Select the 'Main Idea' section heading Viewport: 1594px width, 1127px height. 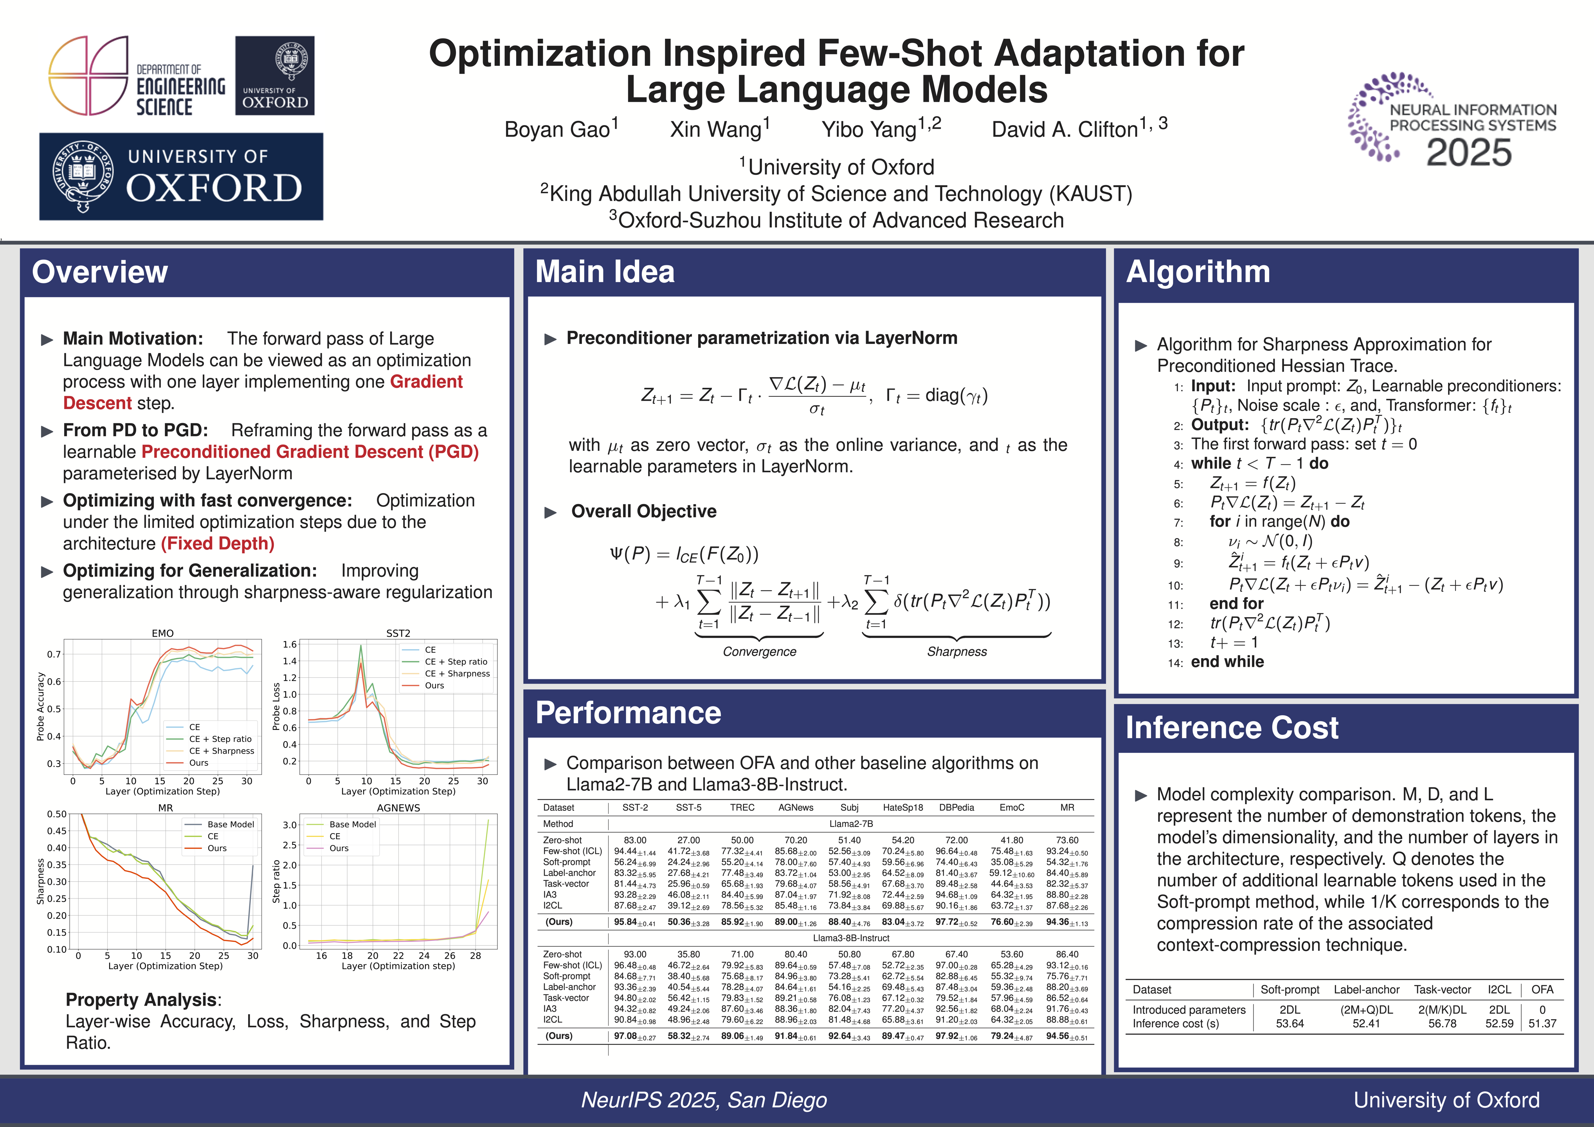tap(605, 272)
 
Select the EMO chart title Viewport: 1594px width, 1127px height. tap(162, 633)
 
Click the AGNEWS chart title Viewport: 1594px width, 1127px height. tap(398, 808)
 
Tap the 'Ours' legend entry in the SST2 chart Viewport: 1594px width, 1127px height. tap(434, 685)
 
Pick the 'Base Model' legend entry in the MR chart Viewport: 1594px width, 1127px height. tap(231, 824)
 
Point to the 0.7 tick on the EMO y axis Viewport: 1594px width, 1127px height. tap(54, 654)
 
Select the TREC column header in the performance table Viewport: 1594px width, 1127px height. tap(742, 808)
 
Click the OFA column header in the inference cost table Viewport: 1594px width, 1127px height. tap(1542, 990)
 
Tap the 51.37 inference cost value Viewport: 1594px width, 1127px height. tap(1542, 1024)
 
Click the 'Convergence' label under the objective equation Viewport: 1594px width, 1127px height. tap(760, 651)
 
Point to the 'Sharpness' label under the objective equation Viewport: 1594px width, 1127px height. tap(957, 651)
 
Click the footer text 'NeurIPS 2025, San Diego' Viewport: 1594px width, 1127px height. tap(704, 1100)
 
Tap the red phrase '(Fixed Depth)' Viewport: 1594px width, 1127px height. tap(217, 544)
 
